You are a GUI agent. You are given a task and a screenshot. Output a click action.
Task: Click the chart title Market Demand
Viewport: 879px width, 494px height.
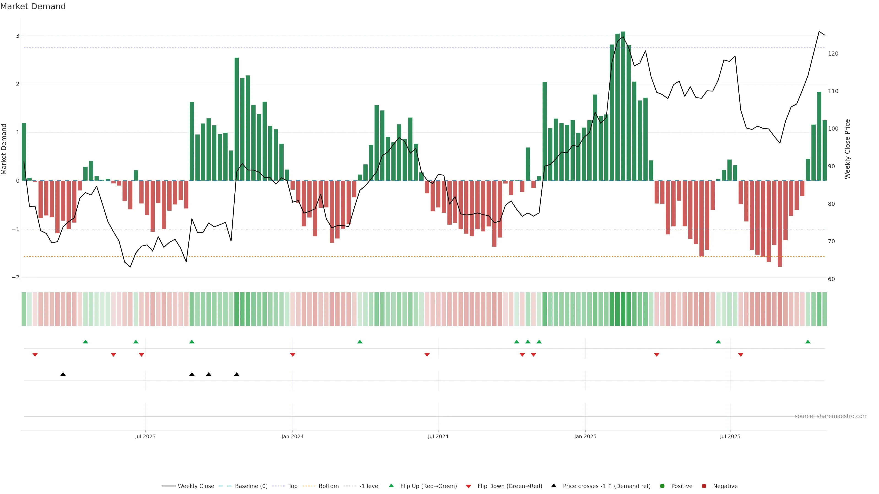(33, 6)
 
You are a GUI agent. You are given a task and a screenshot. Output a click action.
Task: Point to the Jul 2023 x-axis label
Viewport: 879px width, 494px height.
(145, 436)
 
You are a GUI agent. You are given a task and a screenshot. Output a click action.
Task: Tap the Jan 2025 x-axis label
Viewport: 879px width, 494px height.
(585, 436)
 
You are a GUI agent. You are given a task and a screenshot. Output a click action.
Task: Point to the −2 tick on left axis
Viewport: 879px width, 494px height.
(16, 277)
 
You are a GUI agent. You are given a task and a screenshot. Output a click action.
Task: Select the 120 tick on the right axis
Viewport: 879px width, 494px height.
(833, 54)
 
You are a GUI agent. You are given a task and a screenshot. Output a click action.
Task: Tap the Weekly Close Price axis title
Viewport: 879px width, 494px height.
(847, 149)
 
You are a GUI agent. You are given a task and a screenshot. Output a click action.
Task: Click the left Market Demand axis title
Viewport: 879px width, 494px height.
(4, 149)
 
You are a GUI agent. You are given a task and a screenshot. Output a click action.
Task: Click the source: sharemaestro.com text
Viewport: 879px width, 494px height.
(831, 416)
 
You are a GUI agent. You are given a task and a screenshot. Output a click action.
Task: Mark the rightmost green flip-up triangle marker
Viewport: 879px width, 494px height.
(808, 342)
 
